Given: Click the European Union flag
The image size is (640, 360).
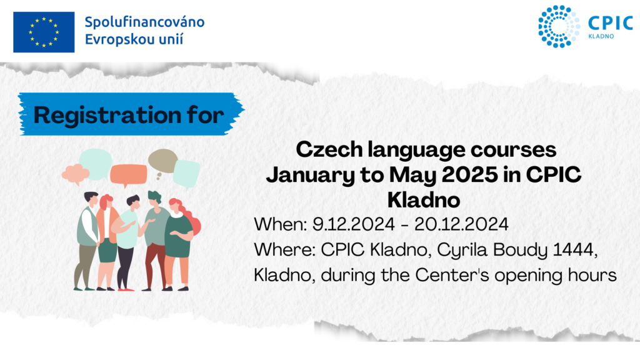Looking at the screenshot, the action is (44, 32).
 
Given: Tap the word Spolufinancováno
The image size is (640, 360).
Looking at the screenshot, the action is (144, 22).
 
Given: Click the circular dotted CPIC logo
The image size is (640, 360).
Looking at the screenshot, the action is (559, 26).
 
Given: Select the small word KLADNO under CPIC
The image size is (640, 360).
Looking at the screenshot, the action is (601, 36).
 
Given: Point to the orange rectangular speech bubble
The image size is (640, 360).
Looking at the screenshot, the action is (128, 175).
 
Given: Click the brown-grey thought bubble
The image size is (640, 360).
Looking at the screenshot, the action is (163, 162).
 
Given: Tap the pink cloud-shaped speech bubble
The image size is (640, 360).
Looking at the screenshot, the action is (76, 174).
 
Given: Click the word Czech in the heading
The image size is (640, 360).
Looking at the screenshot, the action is (329, 149).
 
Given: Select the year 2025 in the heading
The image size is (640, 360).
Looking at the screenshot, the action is (470, 175).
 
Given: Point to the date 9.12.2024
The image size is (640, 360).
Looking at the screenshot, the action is (354, 224).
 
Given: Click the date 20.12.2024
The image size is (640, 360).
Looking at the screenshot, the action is (461, 224).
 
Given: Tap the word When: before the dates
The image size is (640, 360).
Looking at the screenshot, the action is (281, 224).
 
